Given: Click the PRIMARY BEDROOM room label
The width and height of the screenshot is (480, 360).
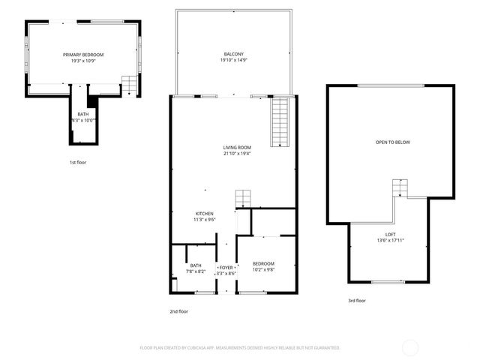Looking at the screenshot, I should (x=82, y=55).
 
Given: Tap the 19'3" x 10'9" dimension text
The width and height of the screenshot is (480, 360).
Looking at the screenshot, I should (x=82, y=61).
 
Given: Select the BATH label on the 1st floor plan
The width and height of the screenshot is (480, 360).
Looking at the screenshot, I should (x=82, y=114).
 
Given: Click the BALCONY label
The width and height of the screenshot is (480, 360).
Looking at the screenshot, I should (x=233, y=55).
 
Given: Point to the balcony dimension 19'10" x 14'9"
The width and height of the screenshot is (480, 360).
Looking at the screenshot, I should (x=233, y=61).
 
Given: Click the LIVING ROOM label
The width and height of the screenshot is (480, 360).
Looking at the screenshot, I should (x=237, y=147).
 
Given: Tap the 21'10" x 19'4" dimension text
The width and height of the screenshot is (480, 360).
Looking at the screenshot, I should (x=237, y=153).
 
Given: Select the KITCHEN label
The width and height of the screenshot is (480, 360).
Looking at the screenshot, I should (x=205, y=214).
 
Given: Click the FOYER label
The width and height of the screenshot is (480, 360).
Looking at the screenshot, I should (x=226, y=267).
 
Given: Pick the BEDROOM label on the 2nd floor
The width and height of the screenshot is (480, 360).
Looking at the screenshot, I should (x=263, y=263).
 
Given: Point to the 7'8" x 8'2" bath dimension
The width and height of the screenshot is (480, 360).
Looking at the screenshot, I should (x=196, y=271).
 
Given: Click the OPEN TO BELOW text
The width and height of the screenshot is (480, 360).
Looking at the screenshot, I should (x=393, y=142).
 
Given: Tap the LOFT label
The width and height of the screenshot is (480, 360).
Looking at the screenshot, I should (x=391, y=234).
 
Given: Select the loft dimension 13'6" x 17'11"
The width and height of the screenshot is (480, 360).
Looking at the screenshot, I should (x=391, y=240).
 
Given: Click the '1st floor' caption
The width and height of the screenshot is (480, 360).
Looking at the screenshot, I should (x=78, y=162).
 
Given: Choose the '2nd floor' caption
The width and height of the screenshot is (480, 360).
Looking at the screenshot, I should (x=178, y=310).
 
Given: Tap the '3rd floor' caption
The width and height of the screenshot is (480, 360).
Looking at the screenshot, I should (x=356, y=300).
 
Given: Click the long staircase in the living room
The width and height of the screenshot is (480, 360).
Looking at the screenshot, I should (x=280, y=124).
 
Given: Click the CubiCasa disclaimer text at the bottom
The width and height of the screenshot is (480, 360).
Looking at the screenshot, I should (x=240, y=348).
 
